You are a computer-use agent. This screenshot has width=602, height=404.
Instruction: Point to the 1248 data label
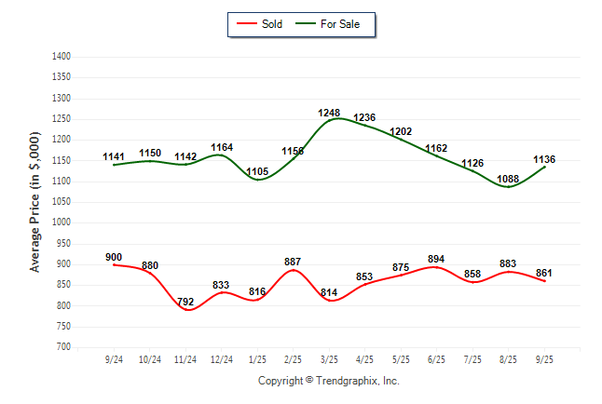[x=329, y=113]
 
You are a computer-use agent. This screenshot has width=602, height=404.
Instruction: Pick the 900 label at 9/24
[x=115, y=258]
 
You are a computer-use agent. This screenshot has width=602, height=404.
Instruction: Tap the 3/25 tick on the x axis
[x=329, y=358]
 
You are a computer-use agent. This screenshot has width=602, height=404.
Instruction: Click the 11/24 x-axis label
[x=185, y=358]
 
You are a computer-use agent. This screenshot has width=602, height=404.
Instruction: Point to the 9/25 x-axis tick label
[x=544, y=358]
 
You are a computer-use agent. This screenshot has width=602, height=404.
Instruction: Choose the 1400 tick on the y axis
[x=62, y=57]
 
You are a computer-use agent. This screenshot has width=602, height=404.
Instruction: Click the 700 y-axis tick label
[x=64, y=347]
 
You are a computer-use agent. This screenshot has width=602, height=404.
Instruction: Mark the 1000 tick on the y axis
[x=62, y=222]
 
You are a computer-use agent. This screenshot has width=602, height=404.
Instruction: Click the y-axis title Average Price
[x=36, y=201]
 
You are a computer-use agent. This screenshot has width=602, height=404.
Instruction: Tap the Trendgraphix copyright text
[x=328, y=381]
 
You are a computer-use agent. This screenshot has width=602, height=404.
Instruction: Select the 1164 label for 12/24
[x=222, y=147]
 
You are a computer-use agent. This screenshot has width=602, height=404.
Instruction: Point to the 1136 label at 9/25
[x=544, y=158]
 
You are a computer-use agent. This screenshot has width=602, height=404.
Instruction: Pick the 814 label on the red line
[x=329, y=292]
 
